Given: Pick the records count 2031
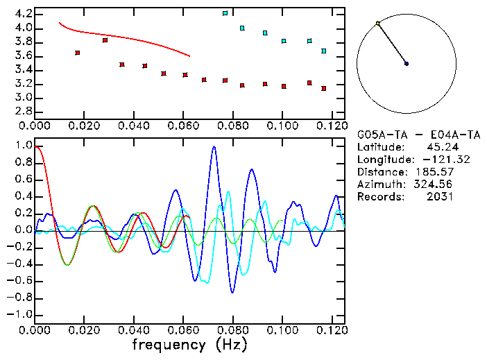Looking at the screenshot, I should [440, 197].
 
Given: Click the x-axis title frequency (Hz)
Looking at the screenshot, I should [189, 344].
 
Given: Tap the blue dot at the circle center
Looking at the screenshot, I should [407, 64].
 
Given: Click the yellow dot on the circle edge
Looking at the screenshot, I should [378, 24].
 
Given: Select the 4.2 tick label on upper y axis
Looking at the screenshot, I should [22, 14].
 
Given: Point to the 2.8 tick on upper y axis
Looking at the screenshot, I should [22, 111].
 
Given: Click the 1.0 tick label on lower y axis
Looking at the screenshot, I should [22, 146].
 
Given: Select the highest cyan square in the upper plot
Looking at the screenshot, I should [225, 13].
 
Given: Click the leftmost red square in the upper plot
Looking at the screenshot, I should [78, 53].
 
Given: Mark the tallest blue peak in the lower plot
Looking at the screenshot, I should [214, 147].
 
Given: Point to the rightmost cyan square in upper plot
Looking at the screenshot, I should [324, 51].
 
